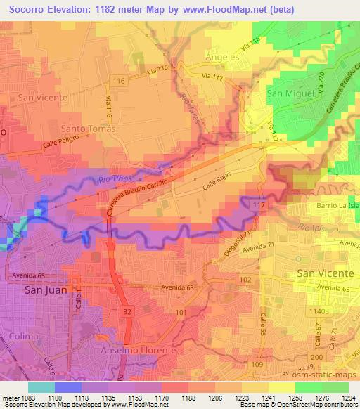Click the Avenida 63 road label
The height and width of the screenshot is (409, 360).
coord(176,287)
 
